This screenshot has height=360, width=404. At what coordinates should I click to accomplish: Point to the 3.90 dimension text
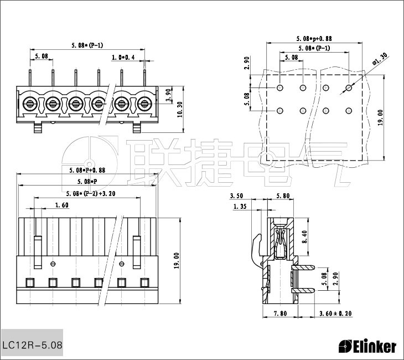pyautogui.click(x=169, y=96)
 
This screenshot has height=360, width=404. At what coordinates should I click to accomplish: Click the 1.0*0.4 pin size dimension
pyautogui.click(x=123, y=57)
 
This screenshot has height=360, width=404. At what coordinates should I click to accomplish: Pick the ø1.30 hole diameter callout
pyautogui.click(x=379, y=59)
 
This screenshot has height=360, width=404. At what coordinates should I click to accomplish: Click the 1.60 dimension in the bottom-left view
pyautogui.click(x=61, y=205)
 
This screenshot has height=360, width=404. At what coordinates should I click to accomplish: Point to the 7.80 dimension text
pyautogui.click(x=280, y=314)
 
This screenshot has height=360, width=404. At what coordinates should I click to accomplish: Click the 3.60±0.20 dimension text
pyautogui.click(x=335, y=314)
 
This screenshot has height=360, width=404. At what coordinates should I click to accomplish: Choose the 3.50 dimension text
pyautogui.click(x=236, y=196)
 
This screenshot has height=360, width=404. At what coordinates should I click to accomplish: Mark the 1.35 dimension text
pyautogui.click(x=240, y=207)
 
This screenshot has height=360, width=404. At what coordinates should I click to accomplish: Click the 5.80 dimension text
pyautogui.click(x=282, y=196)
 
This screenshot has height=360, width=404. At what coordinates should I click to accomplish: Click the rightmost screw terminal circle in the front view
pyautogui.click(x=145, y=102)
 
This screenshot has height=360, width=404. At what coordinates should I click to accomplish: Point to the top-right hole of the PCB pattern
pyautogui.click(x=349, y=88)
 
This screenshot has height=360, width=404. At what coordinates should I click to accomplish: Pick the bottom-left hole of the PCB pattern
pyautogui.click(x=280, y=110)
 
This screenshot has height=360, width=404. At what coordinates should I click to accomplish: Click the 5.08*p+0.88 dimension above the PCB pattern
pyautogui.click(x=314, y=39)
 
